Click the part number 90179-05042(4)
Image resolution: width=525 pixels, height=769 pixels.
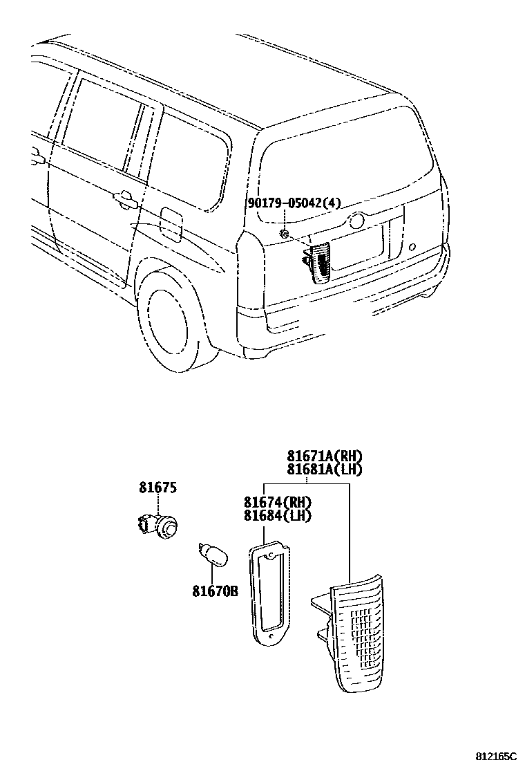(294, 203)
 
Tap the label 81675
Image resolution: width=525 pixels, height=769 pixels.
(157, 488)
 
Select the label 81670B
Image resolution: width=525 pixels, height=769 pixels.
(215, 591)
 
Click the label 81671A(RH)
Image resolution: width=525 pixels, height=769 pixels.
(325, 456)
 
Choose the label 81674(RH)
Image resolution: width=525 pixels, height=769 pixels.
(277, 502)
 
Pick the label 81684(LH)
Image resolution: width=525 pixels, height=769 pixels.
(277, 515)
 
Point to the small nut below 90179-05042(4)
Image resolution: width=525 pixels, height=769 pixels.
(284, 234)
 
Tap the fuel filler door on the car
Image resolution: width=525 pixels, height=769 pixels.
(170, 225)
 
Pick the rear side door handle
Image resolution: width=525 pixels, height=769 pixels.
(125, 201)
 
